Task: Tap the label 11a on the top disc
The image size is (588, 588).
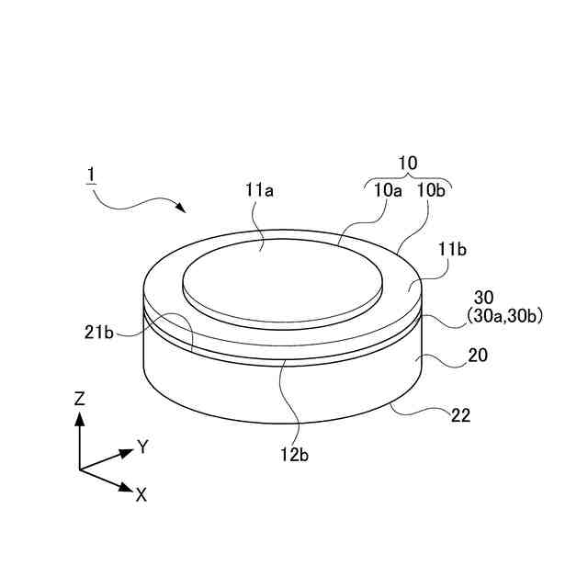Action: (x=260, y=191)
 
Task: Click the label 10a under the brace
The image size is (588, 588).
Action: (x=386, y=191)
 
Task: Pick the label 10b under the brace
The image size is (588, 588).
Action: (x=432, y=191)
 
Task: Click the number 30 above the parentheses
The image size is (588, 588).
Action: (x=484, y=298)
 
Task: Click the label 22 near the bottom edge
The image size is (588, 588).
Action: (x=461, y=416)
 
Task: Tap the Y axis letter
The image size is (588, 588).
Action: (x=142, y=447)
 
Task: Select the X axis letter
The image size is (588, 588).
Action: (x=141, y=494)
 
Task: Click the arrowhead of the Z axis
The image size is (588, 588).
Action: (x=80, y=418)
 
